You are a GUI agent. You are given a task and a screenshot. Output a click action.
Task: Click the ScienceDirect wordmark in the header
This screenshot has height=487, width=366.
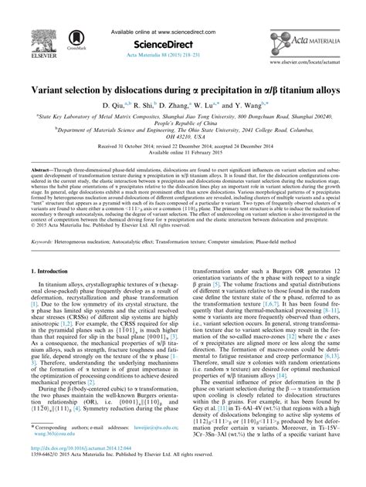183,23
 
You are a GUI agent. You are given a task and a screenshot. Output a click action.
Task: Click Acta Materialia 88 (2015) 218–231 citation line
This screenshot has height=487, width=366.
183,34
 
